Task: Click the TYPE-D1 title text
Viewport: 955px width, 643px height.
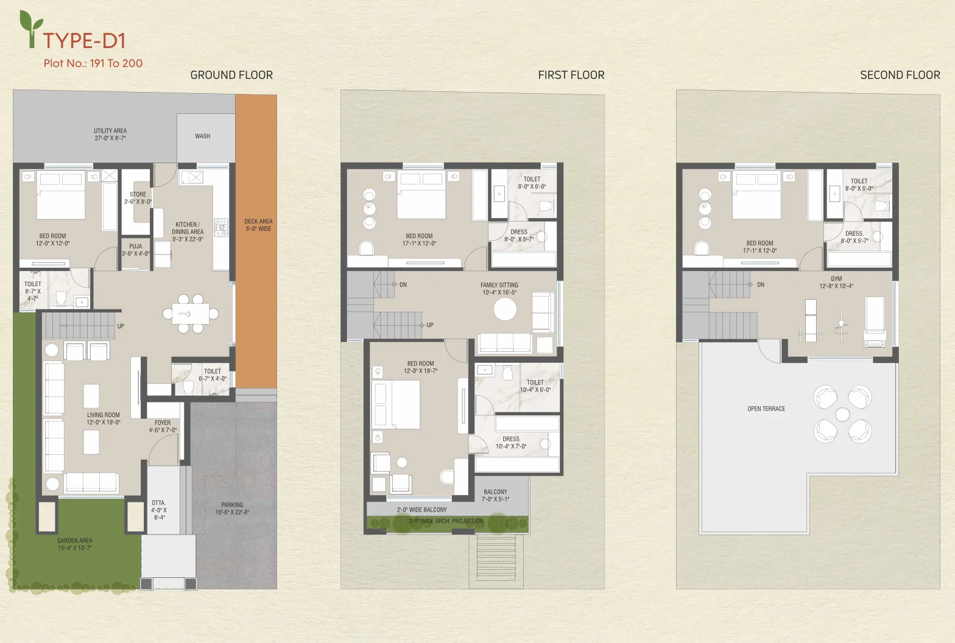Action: (84, 41)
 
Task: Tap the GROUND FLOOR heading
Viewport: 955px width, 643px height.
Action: (231, 75)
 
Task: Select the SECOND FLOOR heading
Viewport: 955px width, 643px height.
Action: (900, 75)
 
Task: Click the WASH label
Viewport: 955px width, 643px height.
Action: (202, 136)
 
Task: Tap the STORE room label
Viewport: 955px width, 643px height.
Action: (138, 194)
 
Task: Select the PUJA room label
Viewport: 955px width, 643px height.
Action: (136, 246)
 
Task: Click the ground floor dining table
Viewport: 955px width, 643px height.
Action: (191, 314)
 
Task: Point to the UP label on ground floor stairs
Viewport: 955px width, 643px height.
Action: (121, 326)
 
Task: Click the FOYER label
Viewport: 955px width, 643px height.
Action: (163, 423)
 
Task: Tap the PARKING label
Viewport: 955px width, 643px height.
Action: (232, 505)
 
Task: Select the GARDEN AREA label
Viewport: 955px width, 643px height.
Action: (74, 540)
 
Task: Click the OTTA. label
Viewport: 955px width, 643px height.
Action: (158, 503)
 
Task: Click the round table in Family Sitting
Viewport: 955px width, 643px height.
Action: (506, 309)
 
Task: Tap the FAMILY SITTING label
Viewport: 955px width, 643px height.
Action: (499, 285)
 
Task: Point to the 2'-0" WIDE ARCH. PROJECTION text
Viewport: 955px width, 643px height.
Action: (446, 521)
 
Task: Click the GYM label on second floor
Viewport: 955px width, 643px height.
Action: (836, 279)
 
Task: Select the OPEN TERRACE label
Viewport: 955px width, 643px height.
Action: (766, 409)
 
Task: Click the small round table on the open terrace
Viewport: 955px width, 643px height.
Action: (842, 414)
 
